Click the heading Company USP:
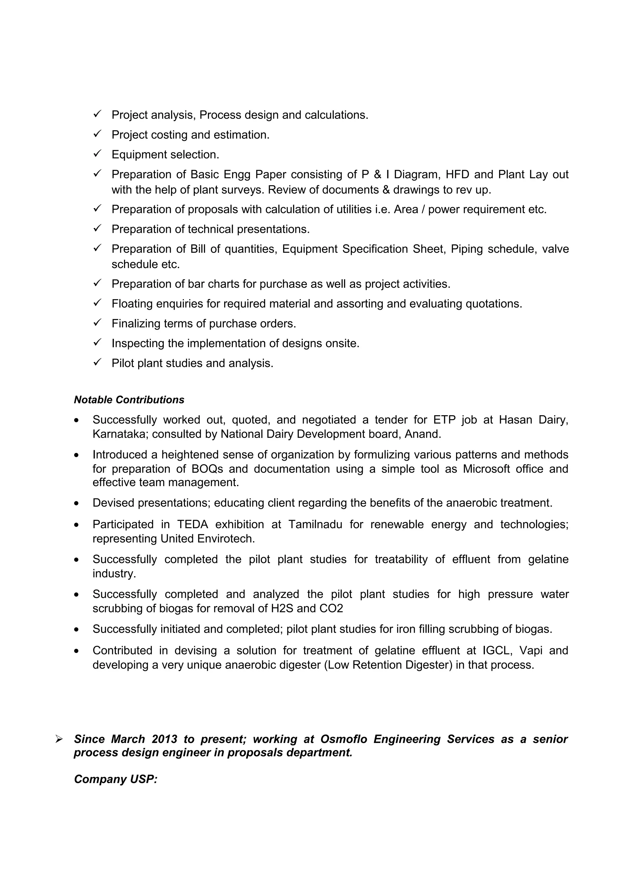(x=115, y=779)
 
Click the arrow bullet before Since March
(x=59, y=739)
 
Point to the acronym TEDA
(x=193, y=525)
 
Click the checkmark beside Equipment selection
(x=97, y=154)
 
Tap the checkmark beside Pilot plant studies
(x=97, y=362)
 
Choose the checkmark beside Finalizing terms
(x=97, y=322)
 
